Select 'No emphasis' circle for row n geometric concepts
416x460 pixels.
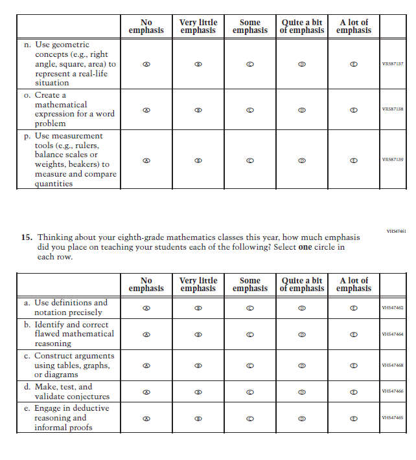pyautogui.click(x=146, y=64)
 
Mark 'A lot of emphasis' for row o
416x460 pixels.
pyautogui.click(x=354, y=109)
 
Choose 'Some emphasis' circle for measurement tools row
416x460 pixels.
pyautogui.click(x=250, y=160)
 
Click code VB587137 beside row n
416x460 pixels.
pyautogui.click(x=393, y=64)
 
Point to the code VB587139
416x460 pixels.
pyautogui.click(x=393, y=160)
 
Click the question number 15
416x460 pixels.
pyautogui.click(x=26, y=237)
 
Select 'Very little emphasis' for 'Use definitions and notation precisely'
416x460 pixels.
pyautogui.click(x=198, y=308)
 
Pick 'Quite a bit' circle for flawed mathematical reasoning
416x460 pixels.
pyautogui.click(x=302, y=334)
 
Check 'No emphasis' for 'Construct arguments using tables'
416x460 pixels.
pyautogui.click(x=146, y=366)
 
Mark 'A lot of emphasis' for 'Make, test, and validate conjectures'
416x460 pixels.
pyautogui.click(x=354, y=392)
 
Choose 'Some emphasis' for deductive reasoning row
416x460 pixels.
pyautogui.click(x=250, y=418)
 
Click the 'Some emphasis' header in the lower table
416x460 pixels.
pyautogui.click(x=250, y=285)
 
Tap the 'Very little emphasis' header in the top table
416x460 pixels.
pyautogui.click(x=198, y=27)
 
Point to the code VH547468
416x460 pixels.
pyautogui.click(x=393, y=366)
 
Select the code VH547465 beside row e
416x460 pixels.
pyautogui.click(x=393, y=418)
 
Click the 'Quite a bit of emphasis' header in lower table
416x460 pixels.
pyautogui.click(x=302, y=285)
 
